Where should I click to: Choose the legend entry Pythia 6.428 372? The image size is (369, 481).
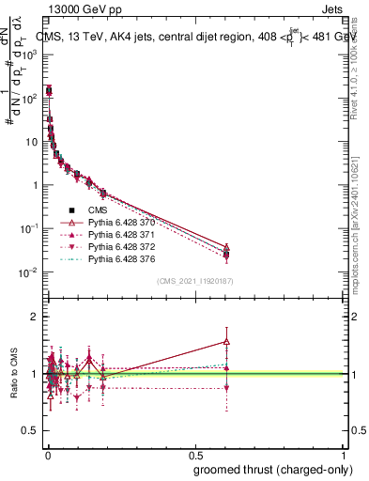116,247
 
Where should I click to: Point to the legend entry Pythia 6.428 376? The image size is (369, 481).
116,259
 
